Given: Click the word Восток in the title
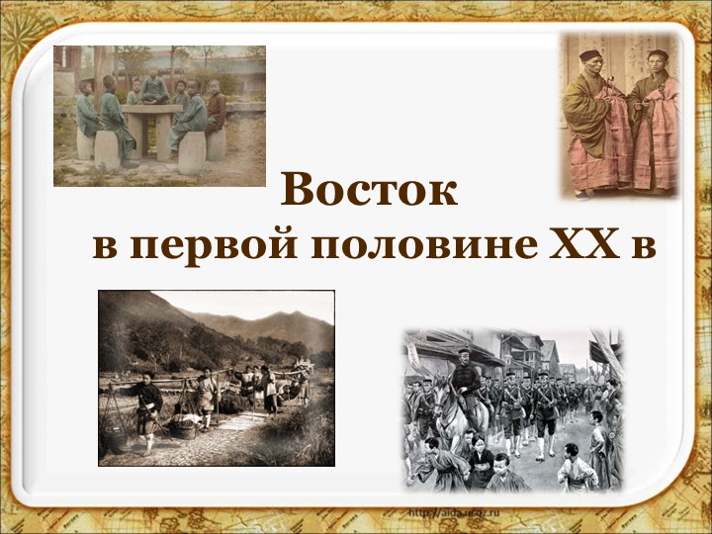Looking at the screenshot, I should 369,190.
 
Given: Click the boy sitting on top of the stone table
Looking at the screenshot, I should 154,89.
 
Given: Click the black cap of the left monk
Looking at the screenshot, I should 589,56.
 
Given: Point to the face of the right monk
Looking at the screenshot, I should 657,66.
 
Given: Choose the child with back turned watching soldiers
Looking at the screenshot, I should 574,465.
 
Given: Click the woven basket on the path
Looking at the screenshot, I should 182,428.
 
